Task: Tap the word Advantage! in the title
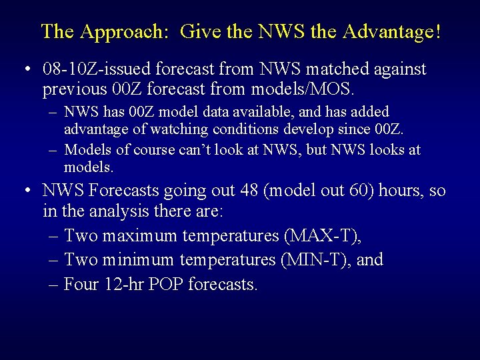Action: tap(389, 31)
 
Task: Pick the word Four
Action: tap(83, 284)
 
